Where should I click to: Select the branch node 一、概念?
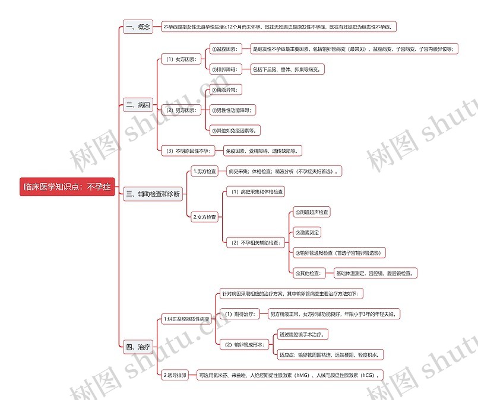138,27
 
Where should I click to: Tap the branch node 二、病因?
138,105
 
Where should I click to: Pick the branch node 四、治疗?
138,347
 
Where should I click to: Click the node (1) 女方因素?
181,59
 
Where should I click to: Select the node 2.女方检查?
205,217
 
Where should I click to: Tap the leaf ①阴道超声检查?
312,212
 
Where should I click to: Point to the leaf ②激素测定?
307,232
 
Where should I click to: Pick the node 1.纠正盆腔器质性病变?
186,319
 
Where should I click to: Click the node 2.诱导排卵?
175,375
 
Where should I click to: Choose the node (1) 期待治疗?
238,313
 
